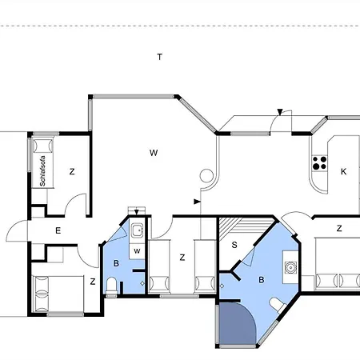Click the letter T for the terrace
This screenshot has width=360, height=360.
click(160, 57)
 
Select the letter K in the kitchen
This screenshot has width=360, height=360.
click(343, 171)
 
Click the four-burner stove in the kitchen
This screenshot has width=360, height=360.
click(320, 162)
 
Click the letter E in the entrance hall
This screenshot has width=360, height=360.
click(58, 230)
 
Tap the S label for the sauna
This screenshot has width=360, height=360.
click(234, 245)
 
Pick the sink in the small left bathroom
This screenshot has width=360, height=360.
click(138, 232)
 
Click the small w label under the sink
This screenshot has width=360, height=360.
click(138, 250)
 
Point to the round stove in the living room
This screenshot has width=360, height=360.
click(206, 175)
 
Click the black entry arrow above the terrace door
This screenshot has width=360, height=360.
click(279, 111)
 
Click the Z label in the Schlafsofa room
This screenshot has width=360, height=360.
click(72, 171)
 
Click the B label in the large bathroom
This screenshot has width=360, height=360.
click(260, 280)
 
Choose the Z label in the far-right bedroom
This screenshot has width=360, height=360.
click(339, 228)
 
